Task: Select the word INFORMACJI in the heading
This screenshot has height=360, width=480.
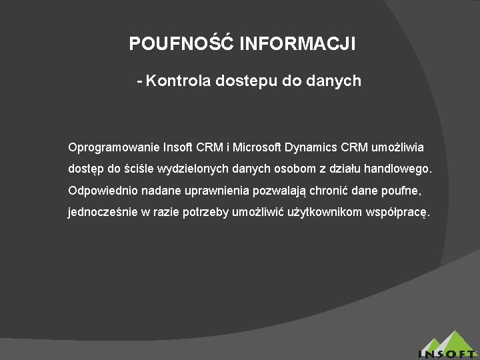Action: tap(297, 44)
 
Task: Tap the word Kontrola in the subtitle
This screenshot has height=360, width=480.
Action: tap(177, 81)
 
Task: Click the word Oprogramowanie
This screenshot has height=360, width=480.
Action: tap(113, 147)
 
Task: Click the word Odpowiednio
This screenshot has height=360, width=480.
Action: tap(102, 191)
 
